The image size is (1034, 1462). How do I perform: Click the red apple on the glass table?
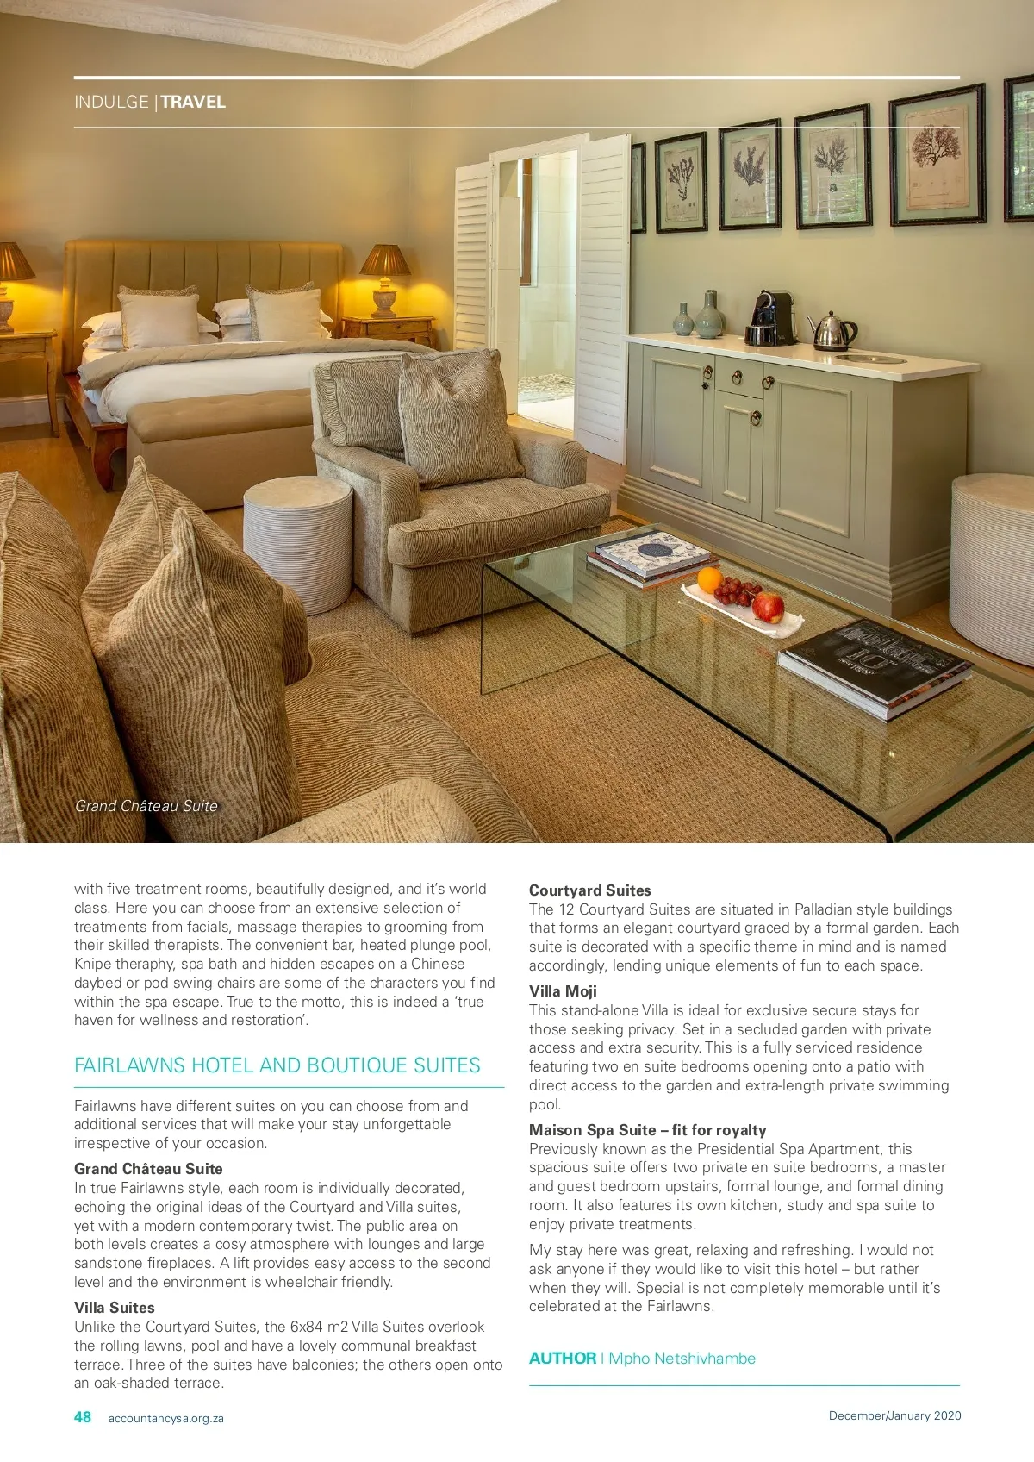[768, 607]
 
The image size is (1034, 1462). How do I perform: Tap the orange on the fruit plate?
[708, 579]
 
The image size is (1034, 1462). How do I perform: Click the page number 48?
[83, 1417]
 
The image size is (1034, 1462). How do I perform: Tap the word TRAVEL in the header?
[193, 102]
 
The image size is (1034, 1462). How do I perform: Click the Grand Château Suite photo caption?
[146, 806]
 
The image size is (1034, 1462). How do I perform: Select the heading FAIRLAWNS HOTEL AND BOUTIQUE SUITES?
[277, 1065]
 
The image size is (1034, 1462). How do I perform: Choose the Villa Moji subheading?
[563, 991]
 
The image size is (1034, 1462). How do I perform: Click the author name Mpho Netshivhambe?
[682, 1359]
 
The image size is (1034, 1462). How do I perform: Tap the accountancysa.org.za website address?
[165, 1418]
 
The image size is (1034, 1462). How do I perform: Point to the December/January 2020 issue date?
[894, 1415]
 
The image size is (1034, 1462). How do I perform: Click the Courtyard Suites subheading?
[590, 890]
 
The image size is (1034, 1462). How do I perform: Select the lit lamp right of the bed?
[384, 278]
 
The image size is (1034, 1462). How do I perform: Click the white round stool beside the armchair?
[298, 543]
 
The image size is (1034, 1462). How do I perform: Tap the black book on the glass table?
[875, 668]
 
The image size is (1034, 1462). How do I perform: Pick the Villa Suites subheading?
[115, 1308]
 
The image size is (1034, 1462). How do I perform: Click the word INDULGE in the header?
[111, 102]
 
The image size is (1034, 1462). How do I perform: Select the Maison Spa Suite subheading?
[647, 1130]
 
